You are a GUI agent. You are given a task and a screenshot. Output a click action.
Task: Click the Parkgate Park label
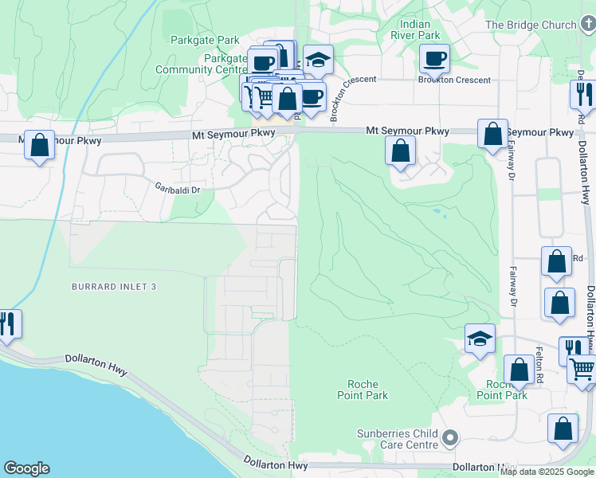(x=205, y=39)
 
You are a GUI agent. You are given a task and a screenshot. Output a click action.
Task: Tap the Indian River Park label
(x=416, y=29)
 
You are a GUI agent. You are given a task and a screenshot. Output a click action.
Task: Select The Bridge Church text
(x=530, y=25)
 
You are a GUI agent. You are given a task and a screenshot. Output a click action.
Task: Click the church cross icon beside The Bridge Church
(x=586, y=25)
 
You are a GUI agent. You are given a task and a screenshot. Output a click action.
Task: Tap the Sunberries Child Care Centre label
(x=398, y=439)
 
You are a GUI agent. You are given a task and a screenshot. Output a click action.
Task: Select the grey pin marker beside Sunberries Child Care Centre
(x=451, y=439)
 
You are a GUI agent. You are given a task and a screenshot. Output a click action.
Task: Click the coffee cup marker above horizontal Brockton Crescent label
(x=434, y=58)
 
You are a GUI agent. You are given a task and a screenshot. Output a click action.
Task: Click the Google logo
(x=26, y=468)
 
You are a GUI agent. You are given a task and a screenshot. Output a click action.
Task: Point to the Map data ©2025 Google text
(x=547, y=472)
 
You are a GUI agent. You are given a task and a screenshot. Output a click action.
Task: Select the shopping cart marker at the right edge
(x=583, y=370)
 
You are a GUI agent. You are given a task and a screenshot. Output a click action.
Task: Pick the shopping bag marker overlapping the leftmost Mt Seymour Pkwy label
(x=39, y=145)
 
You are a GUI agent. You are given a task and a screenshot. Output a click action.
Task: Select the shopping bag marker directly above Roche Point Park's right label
(x=520, y=369)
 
